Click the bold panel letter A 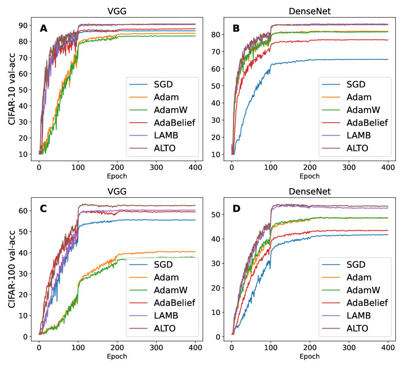44,28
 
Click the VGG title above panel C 118,191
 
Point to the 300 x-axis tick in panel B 349,166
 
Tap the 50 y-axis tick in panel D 219,214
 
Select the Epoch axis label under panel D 310,357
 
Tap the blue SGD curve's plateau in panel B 348,59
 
